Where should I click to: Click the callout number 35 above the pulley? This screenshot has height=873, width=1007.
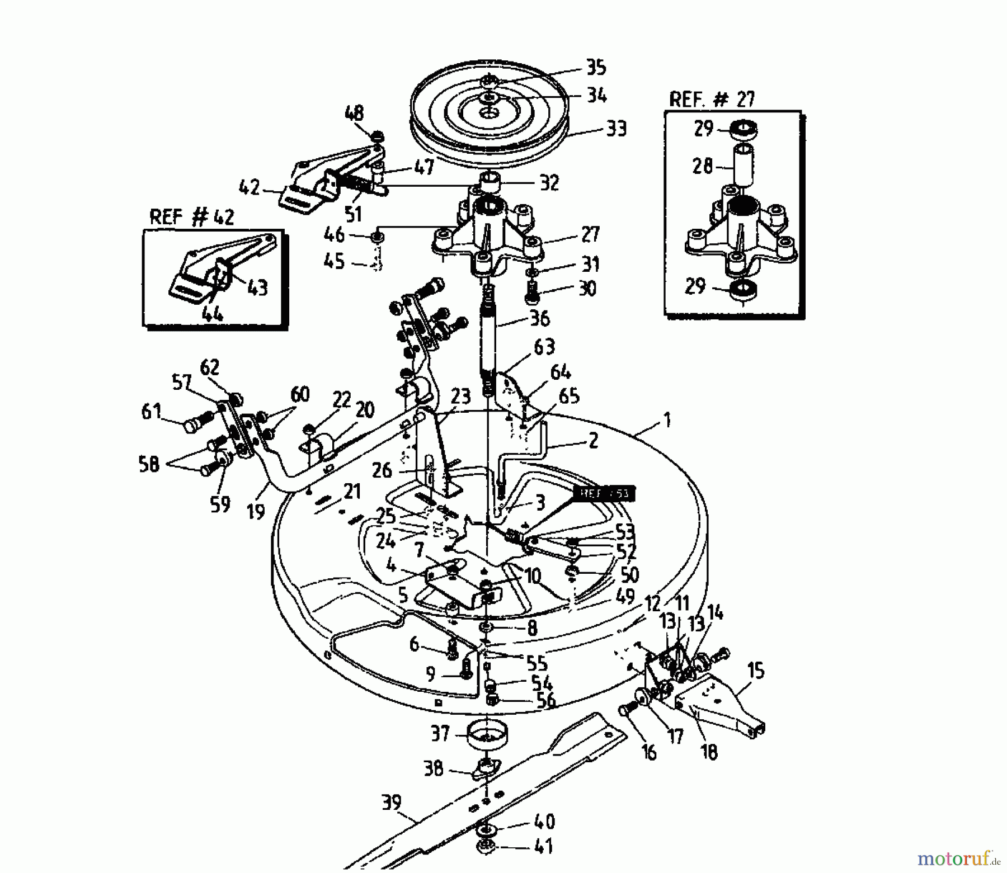pos(596,67)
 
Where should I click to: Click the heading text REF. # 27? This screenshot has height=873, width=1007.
pos(712,100)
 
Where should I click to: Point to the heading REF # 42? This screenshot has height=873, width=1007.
pos(192,218)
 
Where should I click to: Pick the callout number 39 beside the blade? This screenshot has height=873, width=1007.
pos(391,803)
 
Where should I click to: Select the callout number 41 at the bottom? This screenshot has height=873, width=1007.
pos(543,846)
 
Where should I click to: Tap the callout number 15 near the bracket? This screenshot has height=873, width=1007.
pos(755,670)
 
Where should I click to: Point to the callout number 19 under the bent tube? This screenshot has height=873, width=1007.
pos(256,511)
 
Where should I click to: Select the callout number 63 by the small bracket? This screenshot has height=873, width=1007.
pos(544,347)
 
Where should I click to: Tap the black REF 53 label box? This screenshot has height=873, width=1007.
pos(605,494)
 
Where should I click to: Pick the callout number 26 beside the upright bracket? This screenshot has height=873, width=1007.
pos(382,470)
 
